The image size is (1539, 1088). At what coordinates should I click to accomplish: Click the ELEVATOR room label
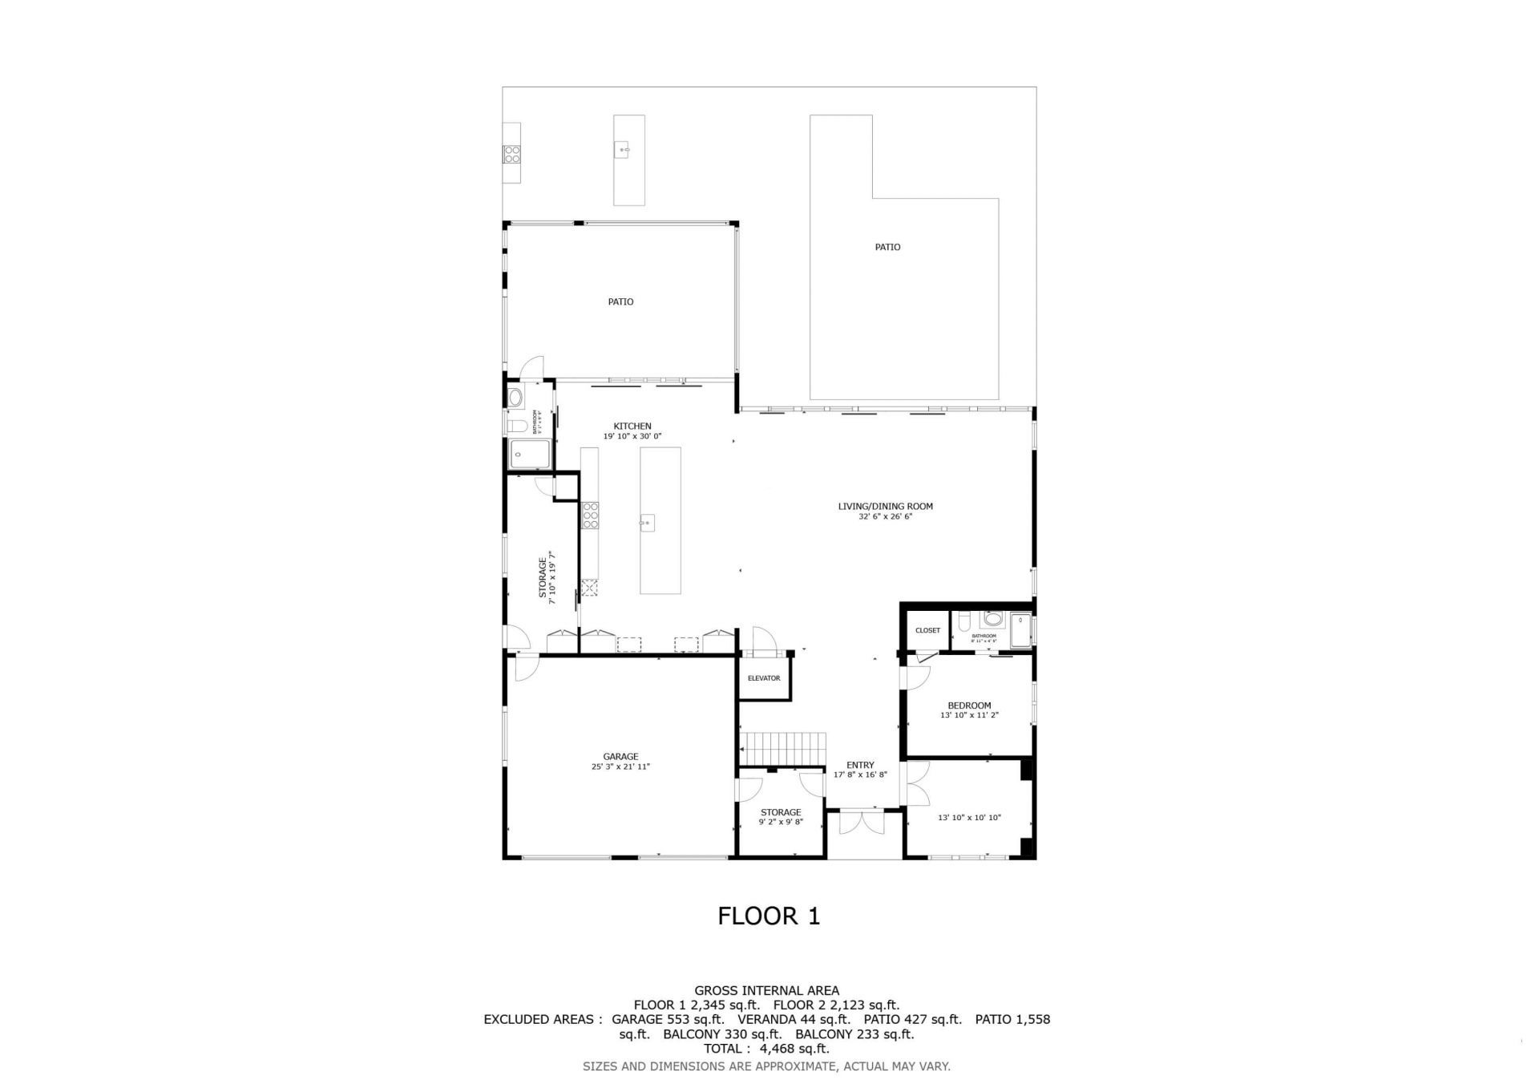click(x=763, y=678)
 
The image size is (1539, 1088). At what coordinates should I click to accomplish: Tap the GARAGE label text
click(x=620, y=756)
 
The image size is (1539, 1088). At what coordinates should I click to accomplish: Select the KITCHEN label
click(x=632, y=426)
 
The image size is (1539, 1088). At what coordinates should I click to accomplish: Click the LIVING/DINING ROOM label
click(x=885, y=506)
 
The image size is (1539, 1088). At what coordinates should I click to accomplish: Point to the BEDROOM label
click(x=969, y=706)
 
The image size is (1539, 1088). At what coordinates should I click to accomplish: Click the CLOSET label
click(x=927, y=630)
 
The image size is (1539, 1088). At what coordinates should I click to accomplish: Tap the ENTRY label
click(x=860, y=765)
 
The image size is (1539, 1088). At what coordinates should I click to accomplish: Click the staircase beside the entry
click(x=784, y=749)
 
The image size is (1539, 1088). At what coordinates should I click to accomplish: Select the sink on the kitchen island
click(x=647, y=524)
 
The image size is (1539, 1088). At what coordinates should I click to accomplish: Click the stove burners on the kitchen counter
click(x=591, y=515)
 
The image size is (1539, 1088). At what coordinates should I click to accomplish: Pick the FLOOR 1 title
click(x=769, y=916)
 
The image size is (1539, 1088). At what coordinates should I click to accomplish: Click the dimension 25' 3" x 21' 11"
click(x=620, y=766)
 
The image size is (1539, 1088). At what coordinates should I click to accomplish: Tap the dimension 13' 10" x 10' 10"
click(x=969, y=818)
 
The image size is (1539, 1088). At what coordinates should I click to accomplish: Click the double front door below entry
click(x=861, y=824)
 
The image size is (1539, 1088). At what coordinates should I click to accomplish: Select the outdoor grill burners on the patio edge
click(x=511, y=153)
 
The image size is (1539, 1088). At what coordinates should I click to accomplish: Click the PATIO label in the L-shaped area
click(x=887, y=247)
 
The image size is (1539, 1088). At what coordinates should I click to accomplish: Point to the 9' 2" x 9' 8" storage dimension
click(x=781, y=822)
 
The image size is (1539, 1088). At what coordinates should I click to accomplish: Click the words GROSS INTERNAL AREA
click(x=766, y=990)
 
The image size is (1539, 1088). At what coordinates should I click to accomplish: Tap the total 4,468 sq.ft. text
click(x=766, y=1048)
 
